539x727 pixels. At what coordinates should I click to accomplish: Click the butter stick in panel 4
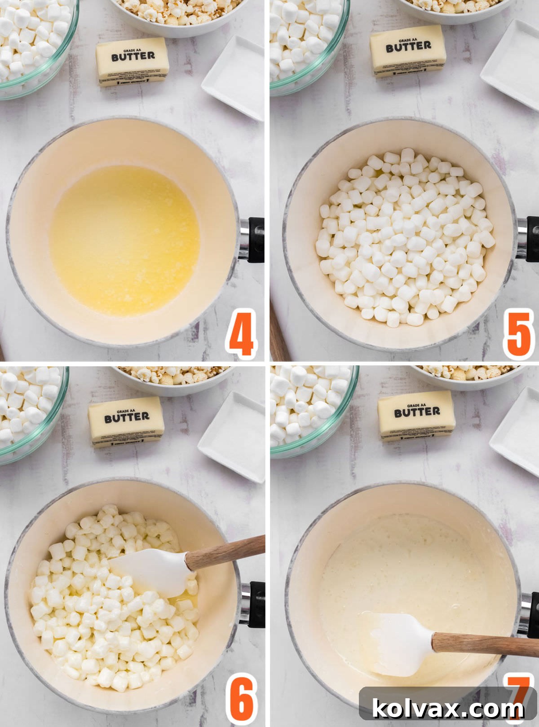click(133, 61)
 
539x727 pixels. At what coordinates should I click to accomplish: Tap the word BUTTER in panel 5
click(408, 46)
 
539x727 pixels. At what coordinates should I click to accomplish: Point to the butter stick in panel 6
click(126, 422)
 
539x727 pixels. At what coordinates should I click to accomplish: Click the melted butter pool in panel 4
click(124, 240)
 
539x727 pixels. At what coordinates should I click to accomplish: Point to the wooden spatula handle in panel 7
click(485, 644)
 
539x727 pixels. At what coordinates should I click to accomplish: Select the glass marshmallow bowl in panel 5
click(305, 40)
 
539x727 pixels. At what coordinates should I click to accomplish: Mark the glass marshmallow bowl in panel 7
click(310, 408)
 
